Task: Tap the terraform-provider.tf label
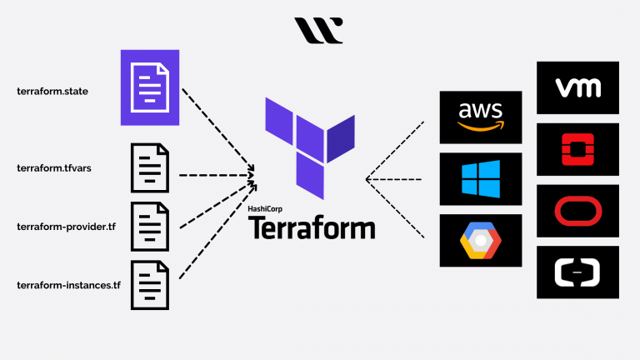(66, 227)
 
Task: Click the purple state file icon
(150, 87)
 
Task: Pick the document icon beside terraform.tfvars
(149, 167)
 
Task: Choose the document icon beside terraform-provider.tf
(149, 227)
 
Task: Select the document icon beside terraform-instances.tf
(149, 285)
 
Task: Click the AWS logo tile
(480, 117)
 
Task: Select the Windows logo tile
(480, 179)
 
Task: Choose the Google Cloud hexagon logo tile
(480, 241)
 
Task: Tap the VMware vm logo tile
(577, 87)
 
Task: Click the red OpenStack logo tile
(577, 149)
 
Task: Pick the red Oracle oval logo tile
(577, 211)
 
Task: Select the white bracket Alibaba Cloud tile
(577, 272)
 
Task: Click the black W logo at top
(318, 30)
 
